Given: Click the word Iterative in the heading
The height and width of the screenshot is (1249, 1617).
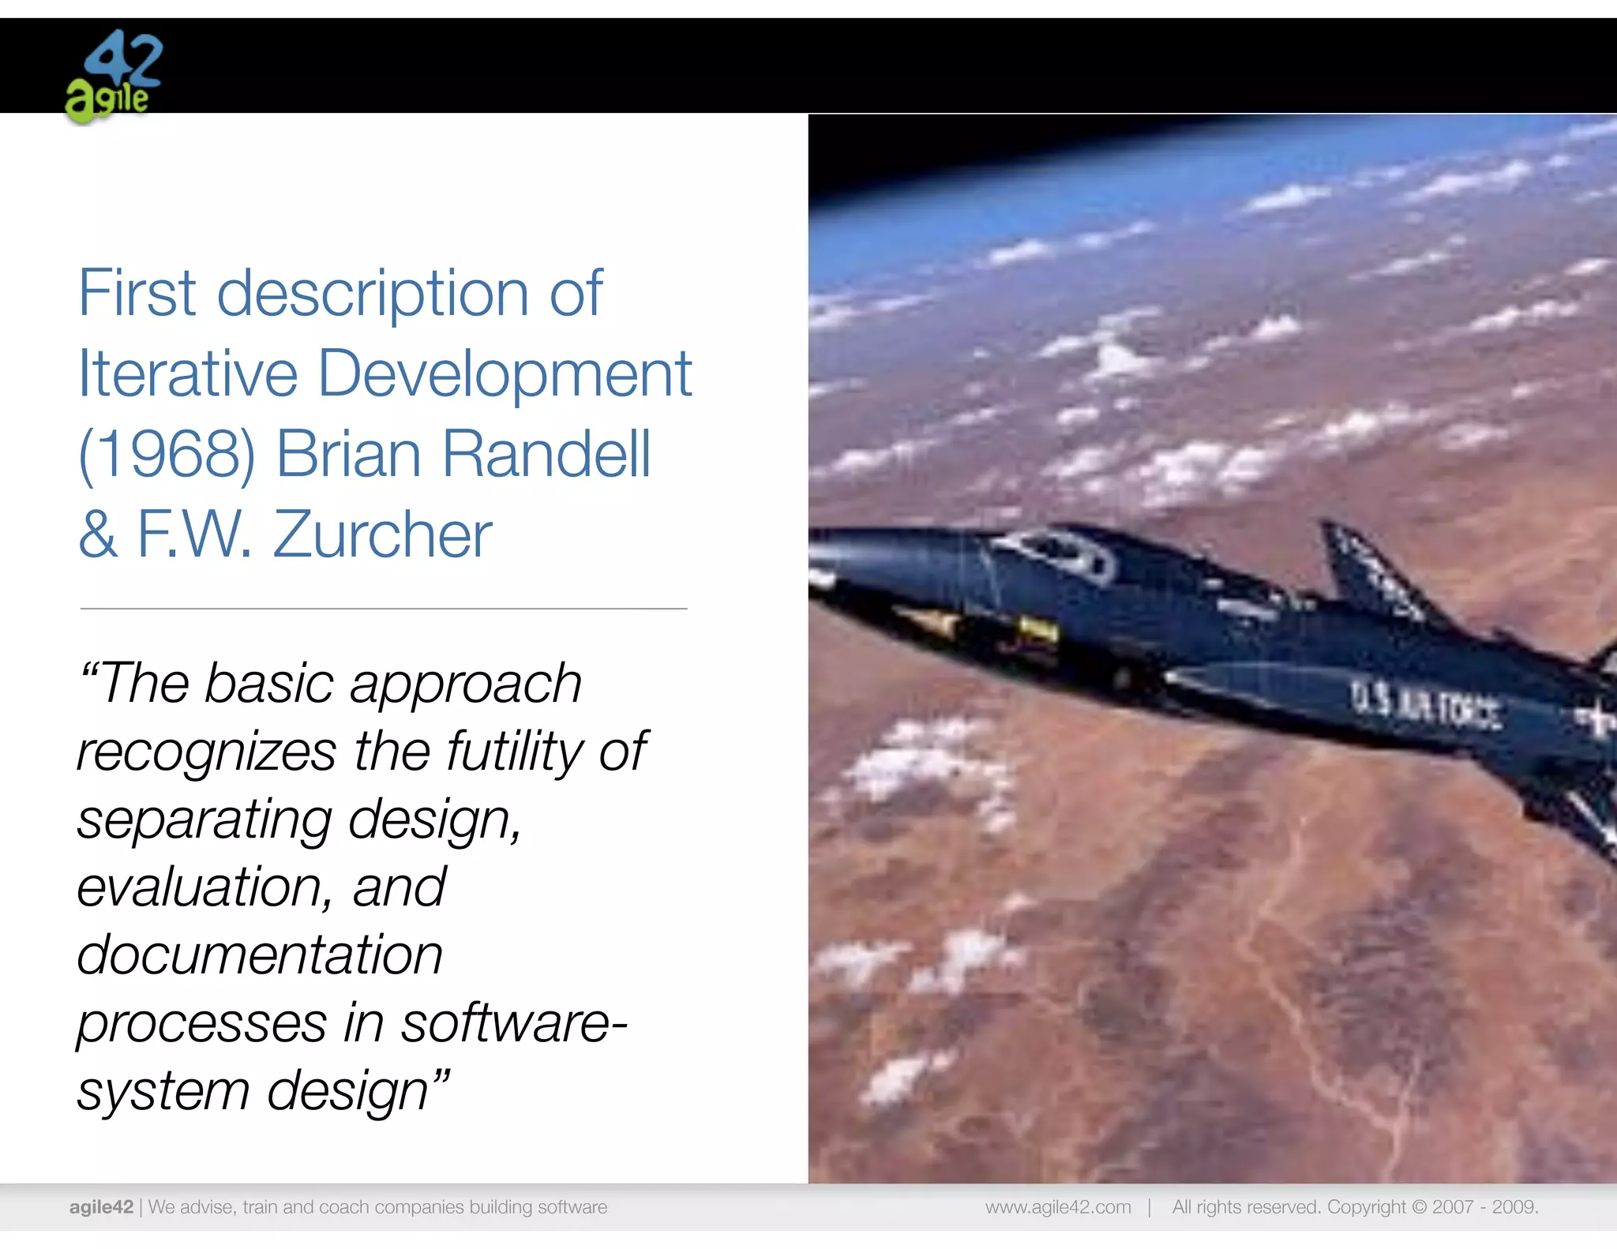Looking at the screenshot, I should pyautogui.click(x=188, y=374).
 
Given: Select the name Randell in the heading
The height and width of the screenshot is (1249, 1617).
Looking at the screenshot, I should pyautogui.click(x=546, y=455).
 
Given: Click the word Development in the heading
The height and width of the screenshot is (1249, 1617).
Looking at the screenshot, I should pyautogui.click(x=505, y=374).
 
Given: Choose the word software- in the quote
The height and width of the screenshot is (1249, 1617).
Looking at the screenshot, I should pyautogui.click(x=514, y=1023).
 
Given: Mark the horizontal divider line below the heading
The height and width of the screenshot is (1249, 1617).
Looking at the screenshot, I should pyautogui.click(x=384, y=609).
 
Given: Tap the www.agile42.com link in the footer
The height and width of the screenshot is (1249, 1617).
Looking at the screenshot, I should pyautogui.click(x=1058, y=1207).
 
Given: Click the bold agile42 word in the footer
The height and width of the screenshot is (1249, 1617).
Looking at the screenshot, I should pyautogui.click(x=101, y=1207).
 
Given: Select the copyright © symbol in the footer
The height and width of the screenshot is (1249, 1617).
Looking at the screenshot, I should pyautogui.click(x=1419, y=1207).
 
